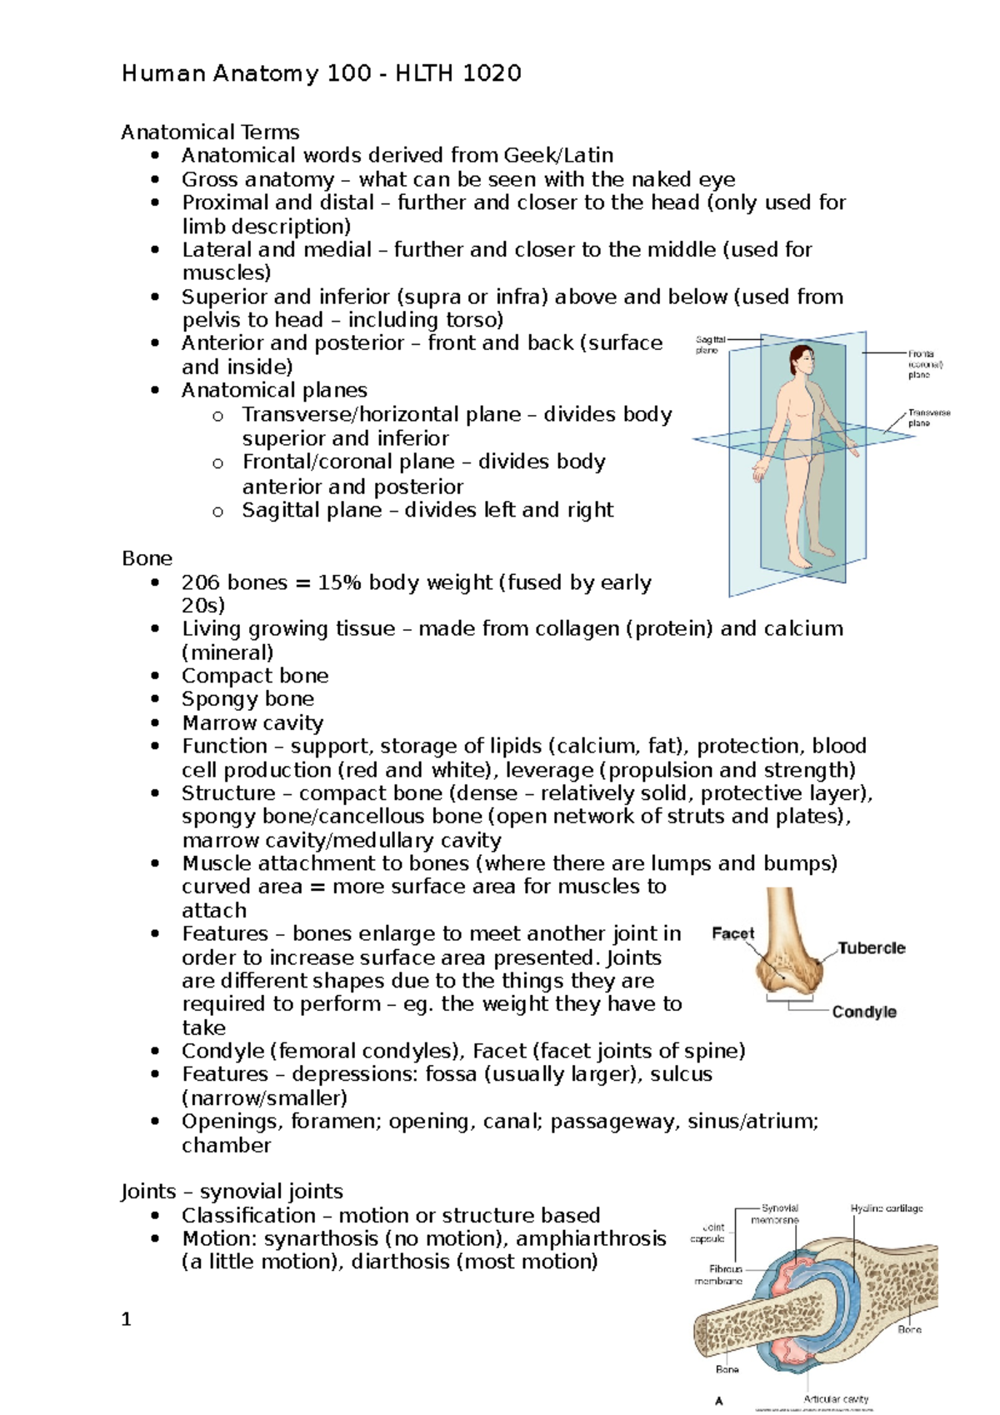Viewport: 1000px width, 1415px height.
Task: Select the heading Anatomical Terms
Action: (210, 132)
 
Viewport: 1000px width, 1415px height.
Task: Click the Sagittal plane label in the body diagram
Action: (710, 345)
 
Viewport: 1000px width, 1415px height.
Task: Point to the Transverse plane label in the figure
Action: (928, 417)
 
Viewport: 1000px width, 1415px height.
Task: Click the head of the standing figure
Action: (802, 360)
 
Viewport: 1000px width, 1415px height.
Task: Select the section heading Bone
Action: (147, 558)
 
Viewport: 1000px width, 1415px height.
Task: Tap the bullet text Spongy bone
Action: (247, 699)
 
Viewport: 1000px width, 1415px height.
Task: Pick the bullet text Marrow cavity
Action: (252, 723)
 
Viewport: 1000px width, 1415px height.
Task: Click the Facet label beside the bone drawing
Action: (732, 933)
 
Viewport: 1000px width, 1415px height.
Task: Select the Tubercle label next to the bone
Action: (871, 948)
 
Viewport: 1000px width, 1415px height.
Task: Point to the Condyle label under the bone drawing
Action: (864, 1012)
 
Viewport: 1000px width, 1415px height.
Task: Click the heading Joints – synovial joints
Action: (232, 1192)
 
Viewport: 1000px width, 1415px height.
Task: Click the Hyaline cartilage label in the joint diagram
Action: (887, 1208)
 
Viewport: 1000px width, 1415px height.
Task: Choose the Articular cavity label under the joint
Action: (836, 1399)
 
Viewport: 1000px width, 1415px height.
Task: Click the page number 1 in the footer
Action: (126, 1319)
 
